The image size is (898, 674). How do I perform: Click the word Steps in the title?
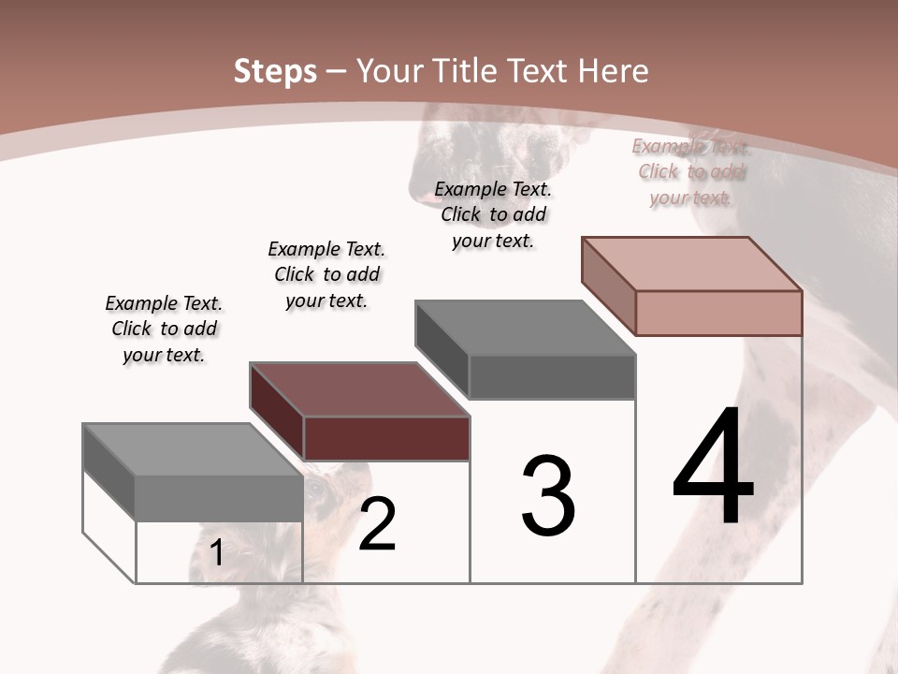tap(275, 71)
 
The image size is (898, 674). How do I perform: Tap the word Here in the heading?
tap(613, 71)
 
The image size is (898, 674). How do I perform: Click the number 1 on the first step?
tap(216, 553)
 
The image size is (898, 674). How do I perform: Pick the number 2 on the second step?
tap(377, 524)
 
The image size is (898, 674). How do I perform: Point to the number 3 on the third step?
tap(548, 496)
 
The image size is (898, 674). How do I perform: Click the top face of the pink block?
tap(691, 264)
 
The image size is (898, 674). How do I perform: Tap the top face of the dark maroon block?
tap(359, 389)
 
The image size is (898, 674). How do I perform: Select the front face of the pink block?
tap(718, 313)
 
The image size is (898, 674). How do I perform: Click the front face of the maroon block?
tap(386, 438)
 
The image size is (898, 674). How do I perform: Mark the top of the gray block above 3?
tap(525, 328)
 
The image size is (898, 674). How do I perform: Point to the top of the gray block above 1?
tap(193, 450)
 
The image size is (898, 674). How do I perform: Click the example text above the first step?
tap(164, 330)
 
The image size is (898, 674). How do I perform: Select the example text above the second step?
tap(326, 275)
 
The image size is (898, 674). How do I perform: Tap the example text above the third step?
tap(493, 214)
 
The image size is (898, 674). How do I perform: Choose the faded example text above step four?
tap(690, 172)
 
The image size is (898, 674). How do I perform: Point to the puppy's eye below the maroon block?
tap(316, 488)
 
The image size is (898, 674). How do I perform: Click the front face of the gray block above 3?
tap(552, 377)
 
